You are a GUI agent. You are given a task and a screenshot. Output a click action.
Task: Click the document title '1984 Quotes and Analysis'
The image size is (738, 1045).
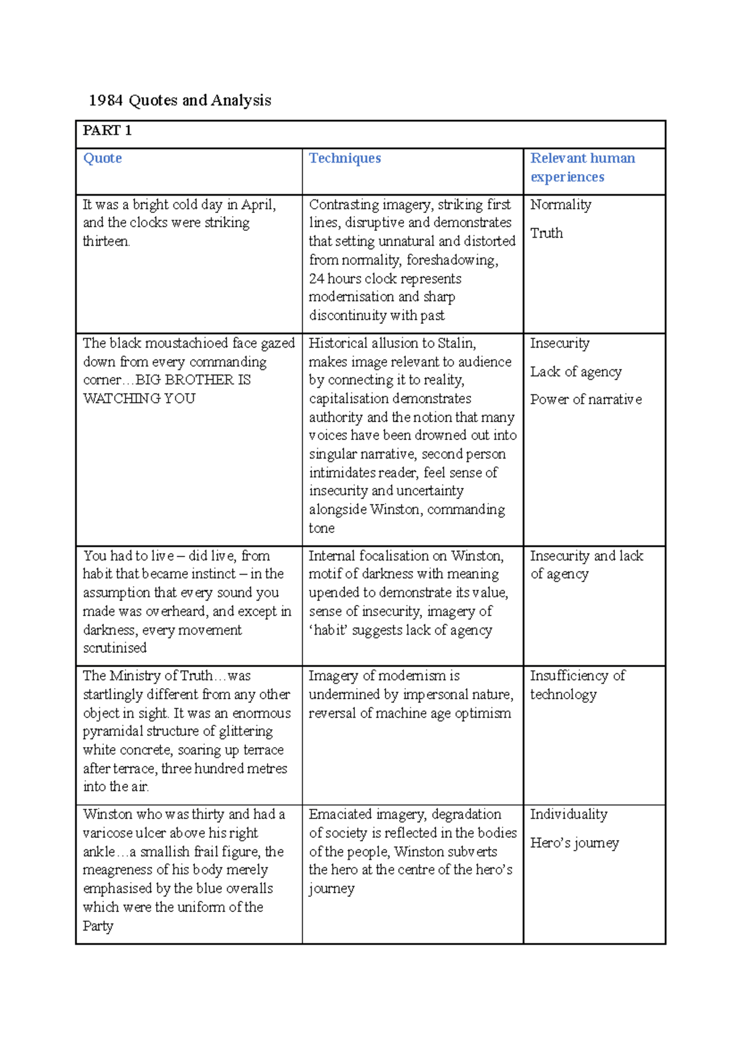click(x=180, y=100)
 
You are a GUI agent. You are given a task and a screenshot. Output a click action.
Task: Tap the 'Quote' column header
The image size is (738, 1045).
click(x=102, y=158)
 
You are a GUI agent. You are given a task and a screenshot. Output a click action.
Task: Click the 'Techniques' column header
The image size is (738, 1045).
click(x=344, y=158)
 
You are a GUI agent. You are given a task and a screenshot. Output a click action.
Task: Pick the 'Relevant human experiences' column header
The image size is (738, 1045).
click(x=582, y=167)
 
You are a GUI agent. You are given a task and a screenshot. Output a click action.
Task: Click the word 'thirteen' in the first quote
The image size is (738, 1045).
click(x=106, y=241)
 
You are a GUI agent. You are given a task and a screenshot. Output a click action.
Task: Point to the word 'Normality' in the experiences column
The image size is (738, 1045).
click(x=560, y=204)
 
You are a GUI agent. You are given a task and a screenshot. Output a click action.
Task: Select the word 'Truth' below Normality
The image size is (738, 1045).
click(x=546, y=233)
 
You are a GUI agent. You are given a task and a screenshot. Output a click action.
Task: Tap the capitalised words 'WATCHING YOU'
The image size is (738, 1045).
click(x=139, y=399)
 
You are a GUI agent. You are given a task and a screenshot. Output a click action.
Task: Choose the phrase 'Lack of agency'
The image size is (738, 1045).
click(x=576, y=372)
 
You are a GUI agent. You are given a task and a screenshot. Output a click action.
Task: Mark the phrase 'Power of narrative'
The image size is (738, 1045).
click(x=585, y=399)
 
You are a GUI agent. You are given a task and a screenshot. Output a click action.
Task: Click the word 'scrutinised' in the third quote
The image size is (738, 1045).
click(x=115, y=648)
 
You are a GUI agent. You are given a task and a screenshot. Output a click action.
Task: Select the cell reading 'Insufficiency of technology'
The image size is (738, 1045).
click(x=577, y=685)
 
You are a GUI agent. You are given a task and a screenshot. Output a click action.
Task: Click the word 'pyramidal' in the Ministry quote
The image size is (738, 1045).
click(x=114, y=731)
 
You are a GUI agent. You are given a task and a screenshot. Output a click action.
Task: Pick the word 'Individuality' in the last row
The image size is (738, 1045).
click(x=568, y=814)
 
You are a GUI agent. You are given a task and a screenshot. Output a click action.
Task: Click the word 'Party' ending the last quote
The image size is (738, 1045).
click(x=98, y=926)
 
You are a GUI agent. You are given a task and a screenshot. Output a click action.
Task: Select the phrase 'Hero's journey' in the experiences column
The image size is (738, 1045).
click(x=574, y=843)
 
